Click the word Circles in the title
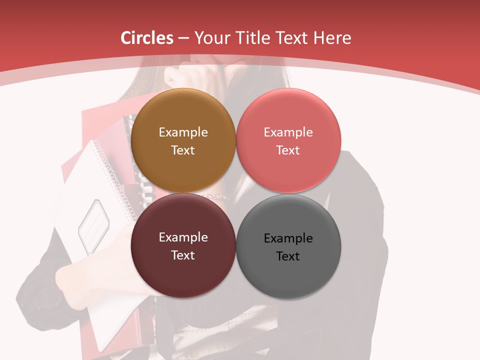(x=147, y=38)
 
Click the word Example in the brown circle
(x=183, y=132)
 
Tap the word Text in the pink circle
(x=288, y=150)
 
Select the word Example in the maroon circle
(x=183, y=237)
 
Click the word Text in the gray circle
(x=288, y=256)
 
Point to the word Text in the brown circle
(x=183, y=150)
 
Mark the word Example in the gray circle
(x=288, y=238)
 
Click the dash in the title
(x=183, y=38)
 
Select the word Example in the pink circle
(x=288, y=132)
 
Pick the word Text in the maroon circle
(x=183, y=255)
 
